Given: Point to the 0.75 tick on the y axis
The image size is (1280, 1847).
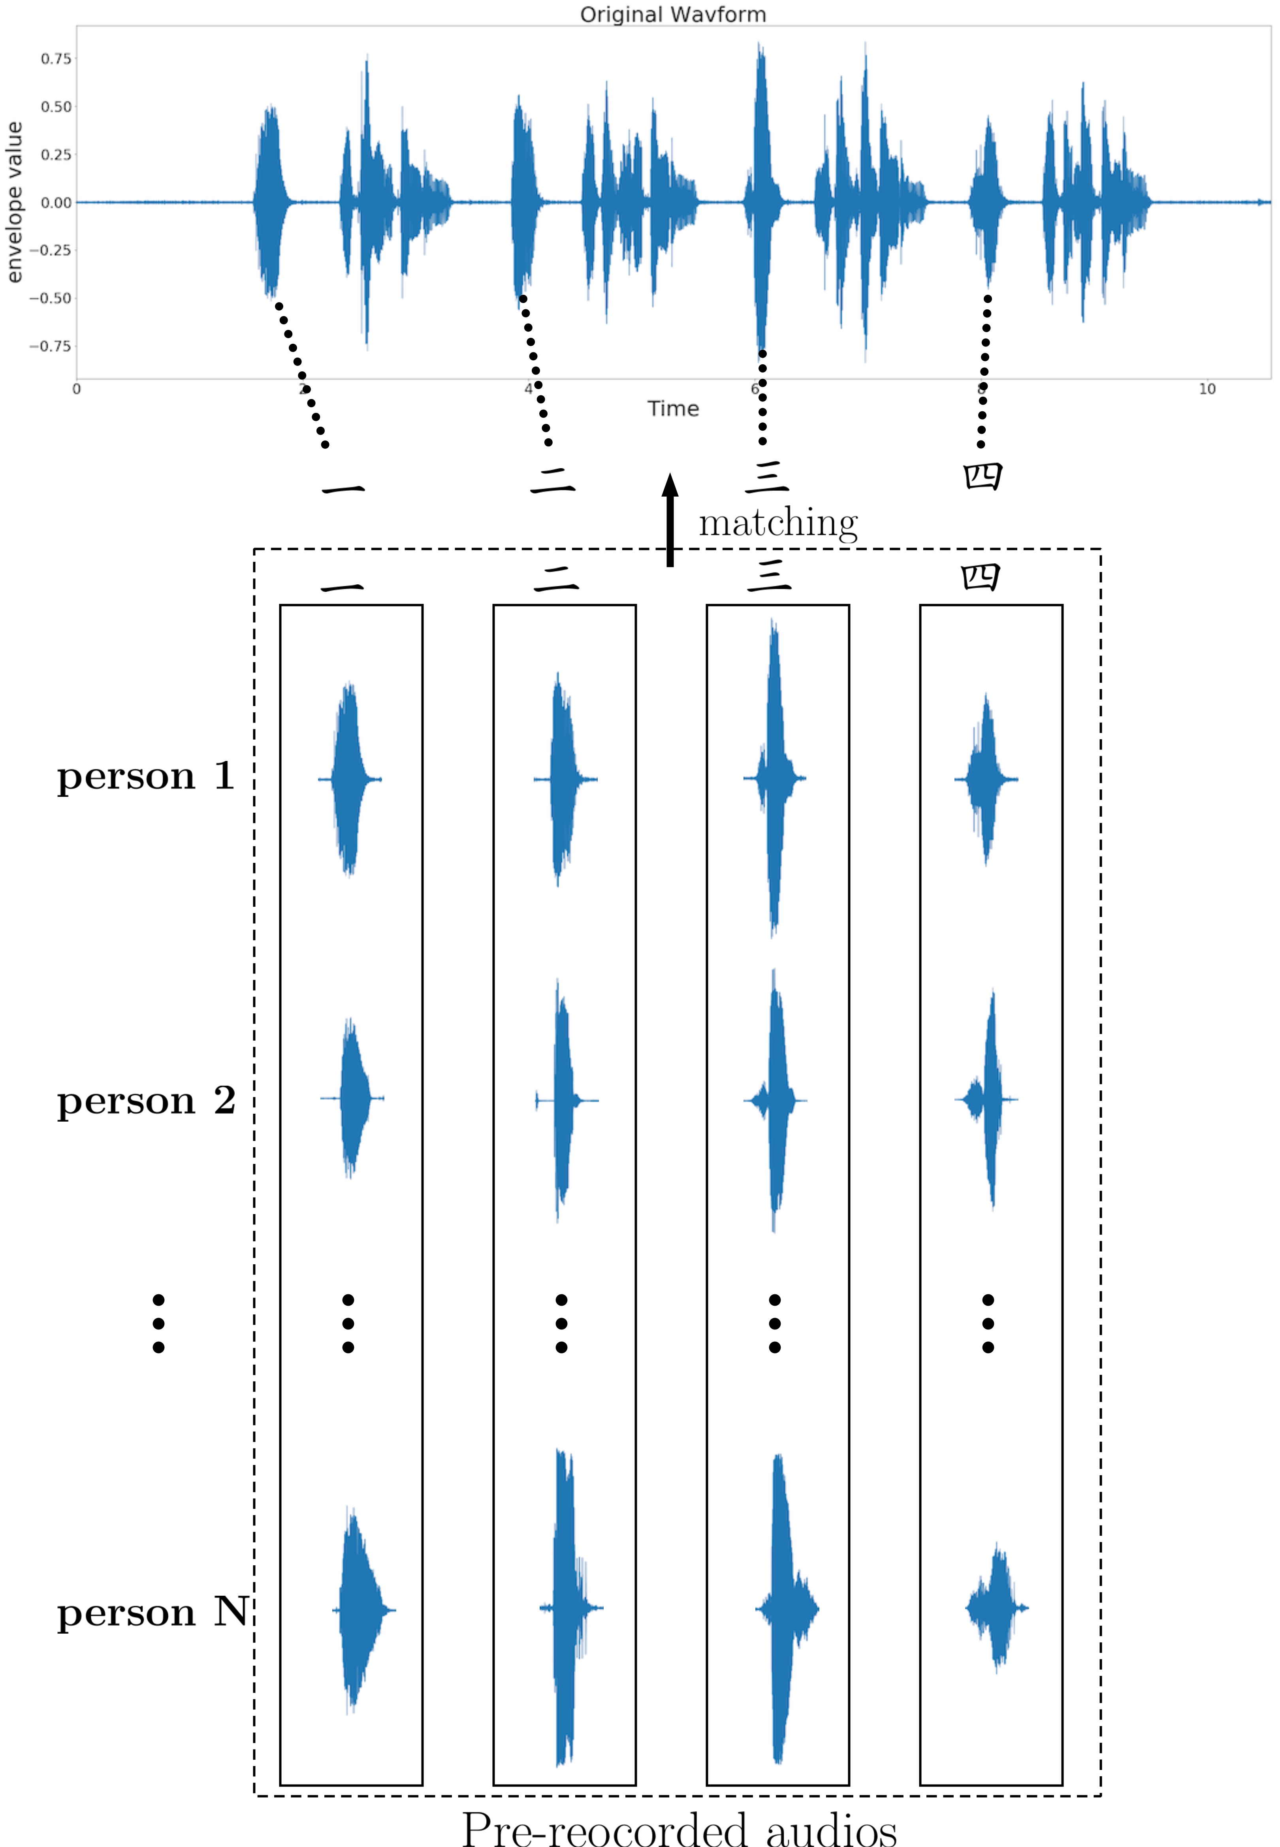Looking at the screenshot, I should coord(56,58).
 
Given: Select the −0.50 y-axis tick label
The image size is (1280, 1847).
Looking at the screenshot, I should coord(51,298).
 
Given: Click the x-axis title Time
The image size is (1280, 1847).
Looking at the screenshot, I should coord(673,409).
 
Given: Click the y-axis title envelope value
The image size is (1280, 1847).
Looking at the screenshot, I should coord(15,202).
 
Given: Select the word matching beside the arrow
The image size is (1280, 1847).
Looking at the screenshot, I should coord(778,523).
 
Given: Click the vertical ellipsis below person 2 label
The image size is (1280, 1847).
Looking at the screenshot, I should coord(159,1323).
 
